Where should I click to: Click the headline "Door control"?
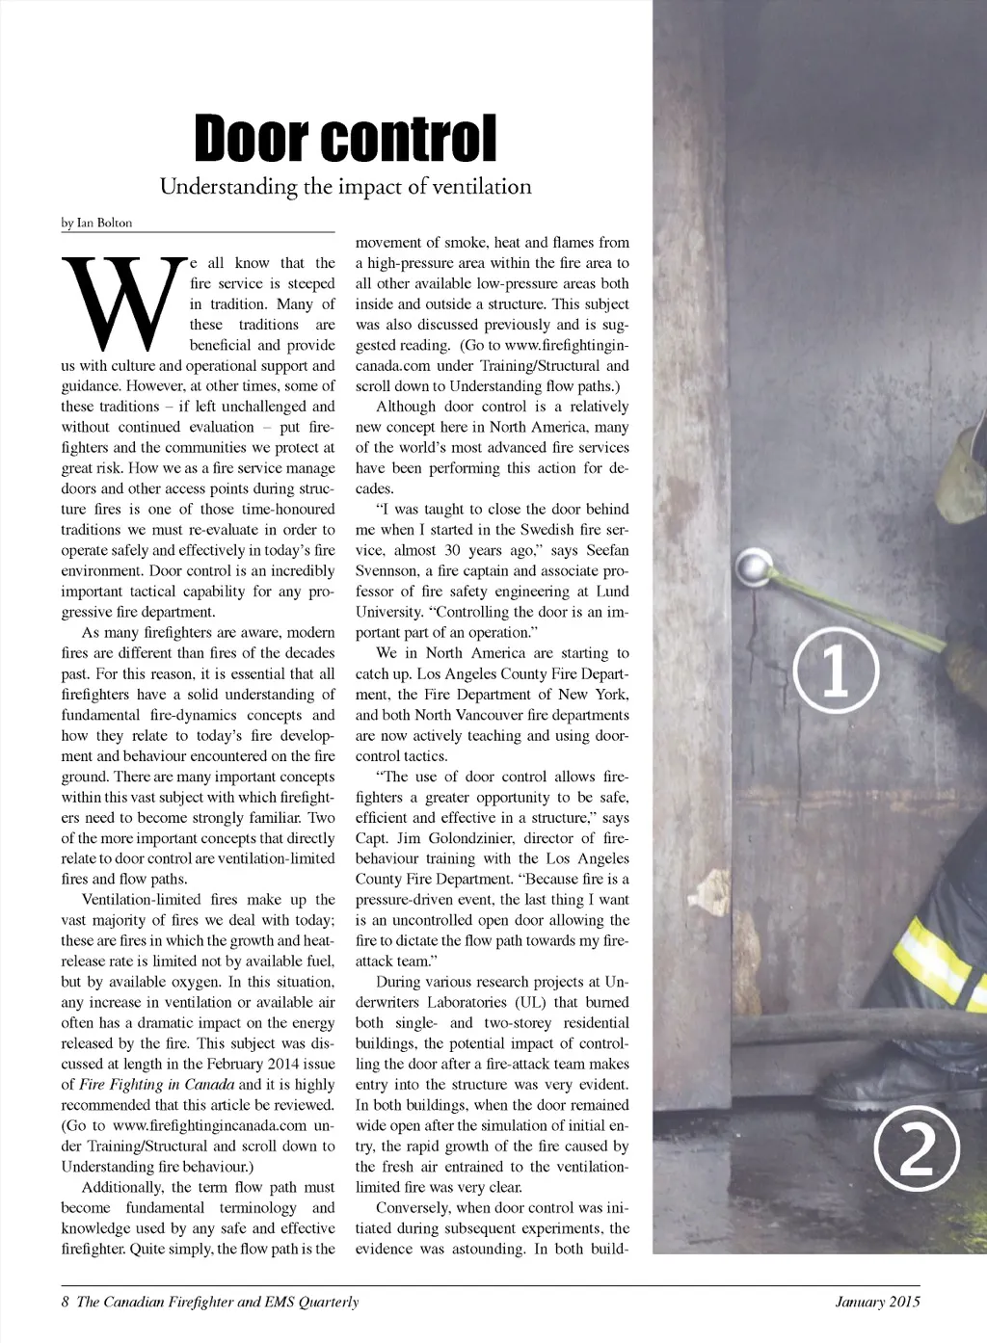(345, 139)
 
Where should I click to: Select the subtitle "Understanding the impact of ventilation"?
(345, 187)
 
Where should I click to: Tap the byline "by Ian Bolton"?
(96, 223)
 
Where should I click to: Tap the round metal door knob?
(753, 566)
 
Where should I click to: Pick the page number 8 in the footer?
(66, 1303)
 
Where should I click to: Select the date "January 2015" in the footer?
(877, 1303)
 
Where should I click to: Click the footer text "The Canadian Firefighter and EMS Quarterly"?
(217, 1303)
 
